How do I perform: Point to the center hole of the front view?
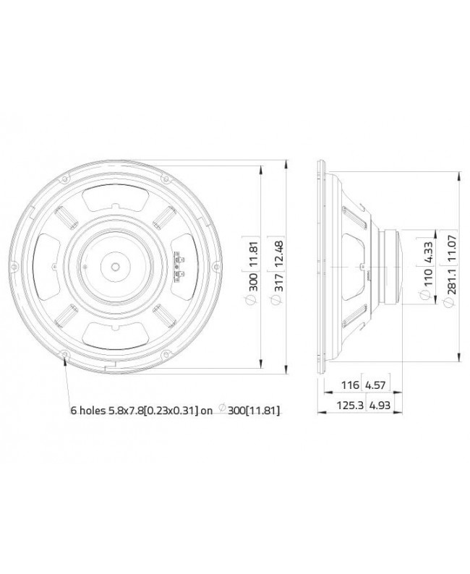point(116,266)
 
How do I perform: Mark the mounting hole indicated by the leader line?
point(66,354)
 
